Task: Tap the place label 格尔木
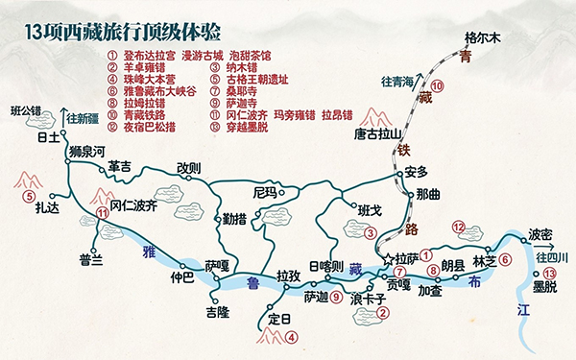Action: point(484,37)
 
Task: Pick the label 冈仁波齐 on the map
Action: point(133,205)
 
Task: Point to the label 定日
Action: point(278,319)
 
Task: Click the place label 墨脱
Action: point(544,285)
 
